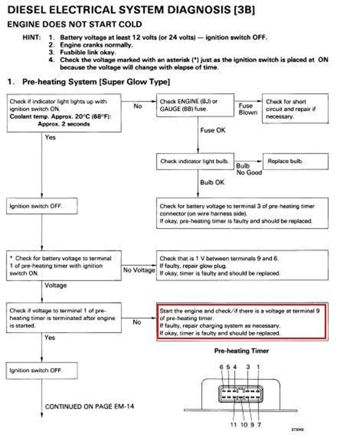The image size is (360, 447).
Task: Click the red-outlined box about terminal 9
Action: (242, 322)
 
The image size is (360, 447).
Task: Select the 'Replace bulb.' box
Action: (295, 161)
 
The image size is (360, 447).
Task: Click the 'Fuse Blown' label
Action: (247, 109)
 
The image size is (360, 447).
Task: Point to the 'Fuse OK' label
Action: (213, 130)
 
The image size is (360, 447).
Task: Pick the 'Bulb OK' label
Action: (213, 182)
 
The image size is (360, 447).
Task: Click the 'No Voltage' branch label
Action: (139, 270)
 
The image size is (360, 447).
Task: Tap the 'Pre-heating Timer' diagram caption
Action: (241, 351)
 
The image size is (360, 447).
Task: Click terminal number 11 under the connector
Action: (233, 425)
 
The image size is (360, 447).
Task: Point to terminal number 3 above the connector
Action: (248, 367)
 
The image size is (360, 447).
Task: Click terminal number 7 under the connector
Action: (259, 425)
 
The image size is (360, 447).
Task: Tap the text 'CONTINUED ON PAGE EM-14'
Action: (89, 406)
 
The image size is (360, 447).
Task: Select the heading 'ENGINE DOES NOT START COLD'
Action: (75, 24)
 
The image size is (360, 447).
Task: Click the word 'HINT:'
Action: (32, 37)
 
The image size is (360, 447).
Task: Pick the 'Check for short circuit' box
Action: (295, 109)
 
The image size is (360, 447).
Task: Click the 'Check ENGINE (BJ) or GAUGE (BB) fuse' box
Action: (195, 106)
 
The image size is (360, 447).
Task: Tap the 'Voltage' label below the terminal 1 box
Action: (56, 285)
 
